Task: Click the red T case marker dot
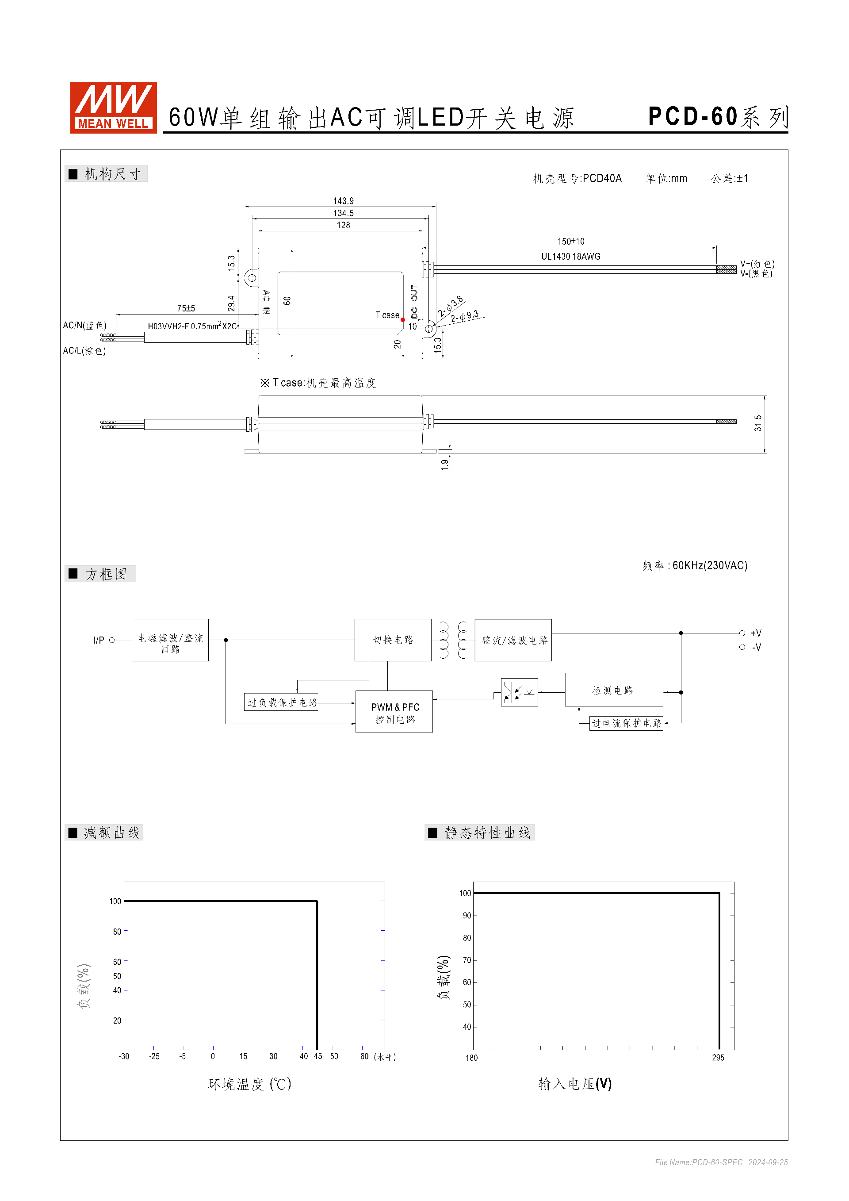402,320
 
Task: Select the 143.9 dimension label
343,201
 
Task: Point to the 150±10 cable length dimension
570,241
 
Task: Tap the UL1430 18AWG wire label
570,256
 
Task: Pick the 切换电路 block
393,640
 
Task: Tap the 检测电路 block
613,690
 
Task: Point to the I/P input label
99,640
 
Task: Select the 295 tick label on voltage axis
718,1057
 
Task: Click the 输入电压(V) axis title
574,1083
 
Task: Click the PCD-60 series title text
717,117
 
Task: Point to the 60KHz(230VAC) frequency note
709,565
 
